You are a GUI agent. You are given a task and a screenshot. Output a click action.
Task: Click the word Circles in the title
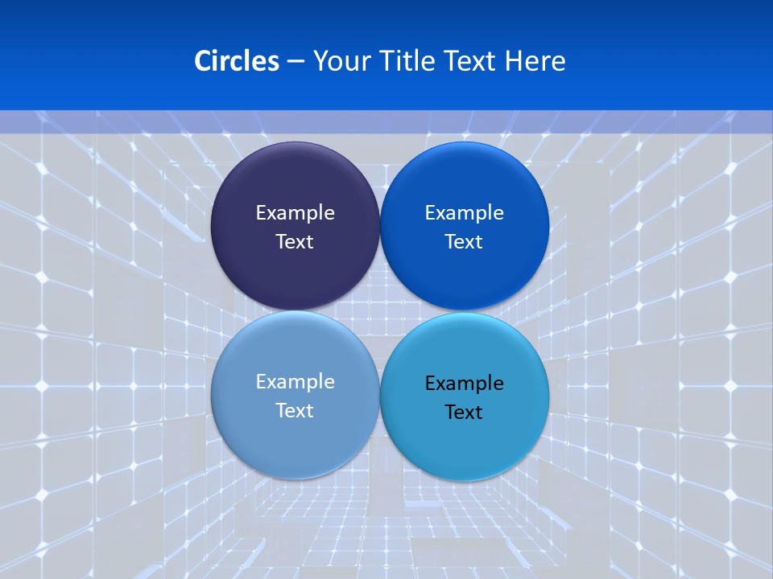point(237,61)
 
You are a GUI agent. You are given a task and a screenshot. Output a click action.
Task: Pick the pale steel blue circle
point(295,438)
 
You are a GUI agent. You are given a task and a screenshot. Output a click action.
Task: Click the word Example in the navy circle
point(295,213)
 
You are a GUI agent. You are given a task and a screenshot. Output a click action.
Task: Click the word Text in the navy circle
point(295,242)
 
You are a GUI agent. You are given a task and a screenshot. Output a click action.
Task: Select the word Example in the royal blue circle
point(465,213)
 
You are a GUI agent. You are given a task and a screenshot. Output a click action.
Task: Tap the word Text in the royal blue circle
point(464,242)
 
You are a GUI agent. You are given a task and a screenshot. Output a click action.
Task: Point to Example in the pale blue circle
point(295,382)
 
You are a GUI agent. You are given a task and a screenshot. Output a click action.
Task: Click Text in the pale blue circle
point(295,411)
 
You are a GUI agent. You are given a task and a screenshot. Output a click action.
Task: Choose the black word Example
point(465,384)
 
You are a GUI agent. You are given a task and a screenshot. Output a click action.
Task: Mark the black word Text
point(464,413)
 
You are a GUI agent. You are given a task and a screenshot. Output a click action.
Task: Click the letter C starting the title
point(203,61)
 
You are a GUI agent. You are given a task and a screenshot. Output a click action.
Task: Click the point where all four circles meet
point(380,310)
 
